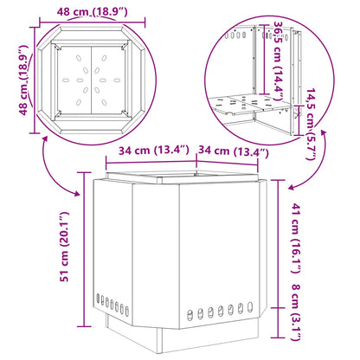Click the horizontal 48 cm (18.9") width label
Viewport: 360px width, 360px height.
(x=92, y=12)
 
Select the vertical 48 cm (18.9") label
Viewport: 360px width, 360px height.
(x=24, y=80)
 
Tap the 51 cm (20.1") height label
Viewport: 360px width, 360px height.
(x=64, y=247)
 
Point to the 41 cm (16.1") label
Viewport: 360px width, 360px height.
(x=297, y=238)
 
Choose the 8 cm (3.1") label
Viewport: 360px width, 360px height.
(x=297, y=312)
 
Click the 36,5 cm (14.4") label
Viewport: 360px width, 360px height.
(x=278, y=61)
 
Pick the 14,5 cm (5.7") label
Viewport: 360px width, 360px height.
(x=311, y=125)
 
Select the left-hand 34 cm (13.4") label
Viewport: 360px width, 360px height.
(x=154, y=151)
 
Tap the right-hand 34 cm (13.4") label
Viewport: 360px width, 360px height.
(x=234, y=151)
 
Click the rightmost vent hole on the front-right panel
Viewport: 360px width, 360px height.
(x=250, y=307)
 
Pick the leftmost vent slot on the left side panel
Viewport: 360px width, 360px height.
(x=98, y=299)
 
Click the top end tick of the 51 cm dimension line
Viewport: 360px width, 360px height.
(x=84, y=172)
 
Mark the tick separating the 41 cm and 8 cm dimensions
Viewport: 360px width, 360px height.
(x=279, y=308)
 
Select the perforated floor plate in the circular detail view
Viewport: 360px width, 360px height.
(x=250, y=105)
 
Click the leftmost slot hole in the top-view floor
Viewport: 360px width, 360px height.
(x=66, y=80)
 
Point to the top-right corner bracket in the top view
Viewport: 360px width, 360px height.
(x=125, y=46)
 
